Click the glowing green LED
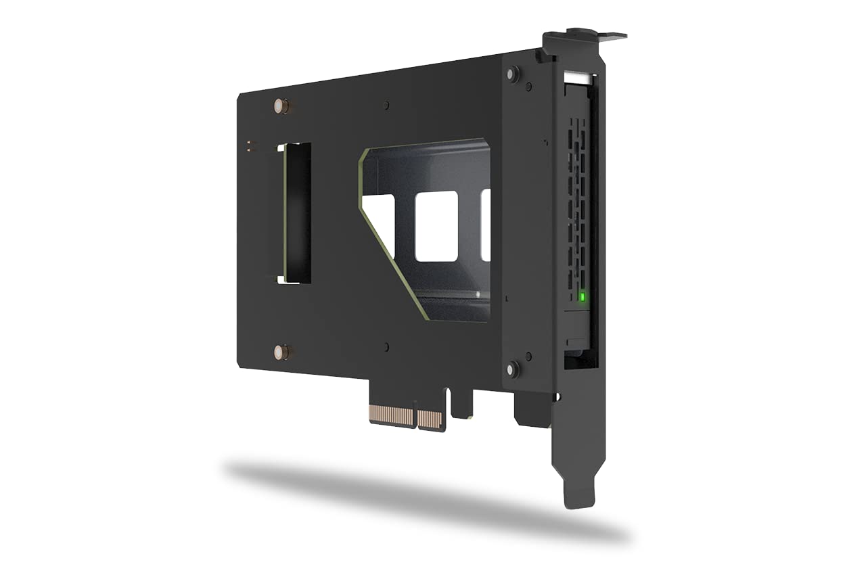(x=582, y=296)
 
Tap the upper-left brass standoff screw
(x=281, y=106)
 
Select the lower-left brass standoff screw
(x=281, y=352)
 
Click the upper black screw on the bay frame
(x=513, y=73)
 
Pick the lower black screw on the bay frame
(x=513, y=369)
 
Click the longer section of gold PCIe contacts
(x=392, y=415)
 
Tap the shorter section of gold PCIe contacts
(x=430, y=420)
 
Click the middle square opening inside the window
(x=436, y=226)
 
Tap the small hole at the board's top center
(x=386, y=106)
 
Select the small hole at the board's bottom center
(x=386, y=347)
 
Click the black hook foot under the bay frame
(x=533, y=409)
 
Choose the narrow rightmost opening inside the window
(x=485, y=225)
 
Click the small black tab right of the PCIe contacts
(x=463, y=403)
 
